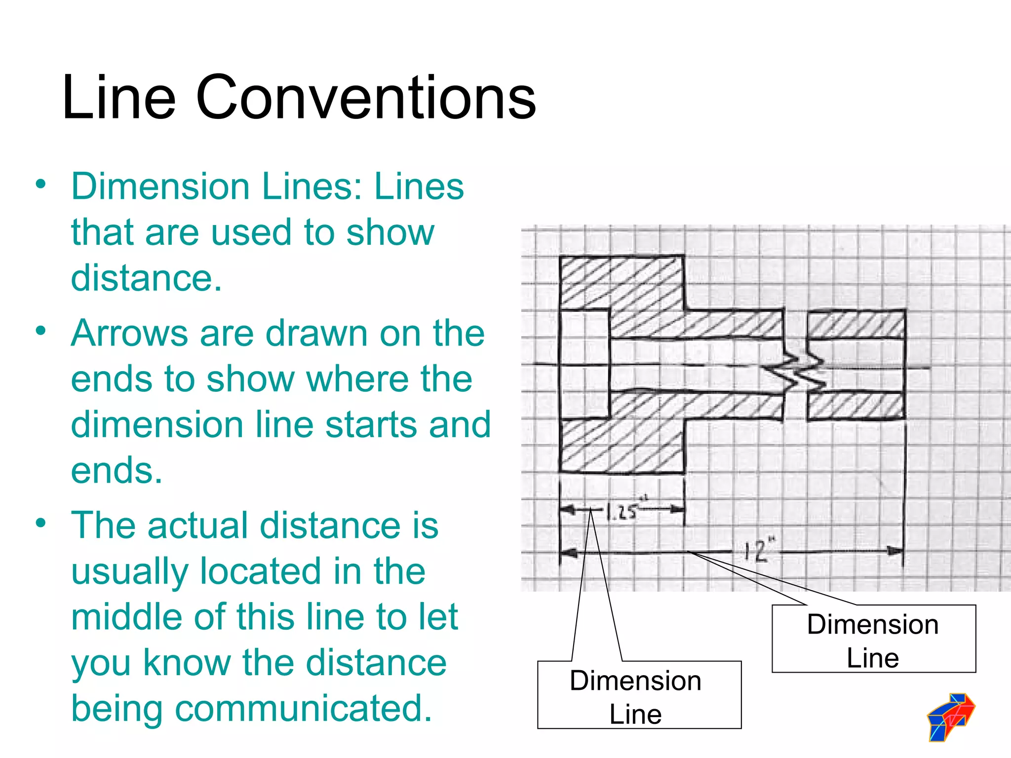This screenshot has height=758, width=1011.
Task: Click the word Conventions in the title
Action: point(366,97)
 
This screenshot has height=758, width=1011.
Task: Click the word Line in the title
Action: point(119,97)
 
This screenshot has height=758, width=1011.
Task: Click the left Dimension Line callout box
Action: point(639,695)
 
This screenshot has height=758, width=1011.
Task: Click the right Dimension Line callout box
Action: point(873,639)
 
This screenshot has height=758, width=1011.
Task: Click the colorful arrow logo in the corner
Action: point(951,717)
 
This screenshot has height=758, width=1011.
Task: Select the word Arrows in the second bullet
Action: point(130,333)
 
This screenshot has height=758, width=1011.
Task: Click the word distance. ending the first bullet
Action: point(146,278)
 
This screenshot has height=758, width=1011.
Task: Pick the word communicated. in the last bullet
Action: point(304,708)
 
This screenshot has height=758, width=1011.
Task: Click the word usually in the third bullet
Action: point(129,571)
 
